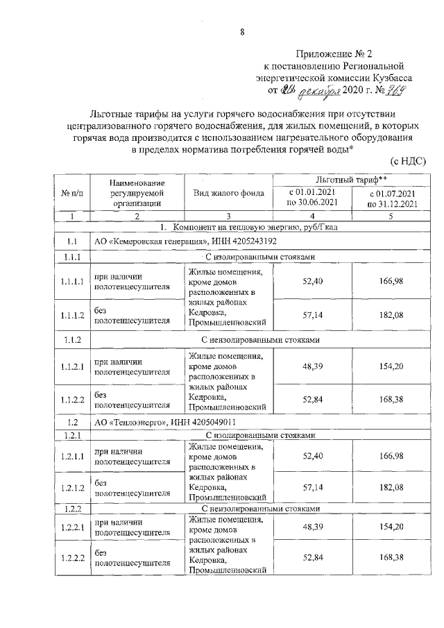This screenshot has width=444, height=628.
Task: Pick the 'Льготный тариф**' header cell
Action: point(348,180)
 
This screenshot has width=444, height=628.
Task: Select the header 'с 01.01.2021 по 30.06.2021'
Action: point(312,198)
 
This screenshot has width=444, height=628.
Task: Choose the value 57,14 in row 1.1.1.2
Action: point(313,316)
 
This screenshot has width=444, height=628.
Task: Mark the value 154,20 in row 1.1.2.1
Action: point(392,365)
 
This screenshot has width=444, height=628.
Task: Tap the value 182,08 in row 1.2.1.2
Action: point(392,488)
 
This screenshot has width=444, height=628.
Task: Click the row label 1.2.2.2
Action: point(71,557)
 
